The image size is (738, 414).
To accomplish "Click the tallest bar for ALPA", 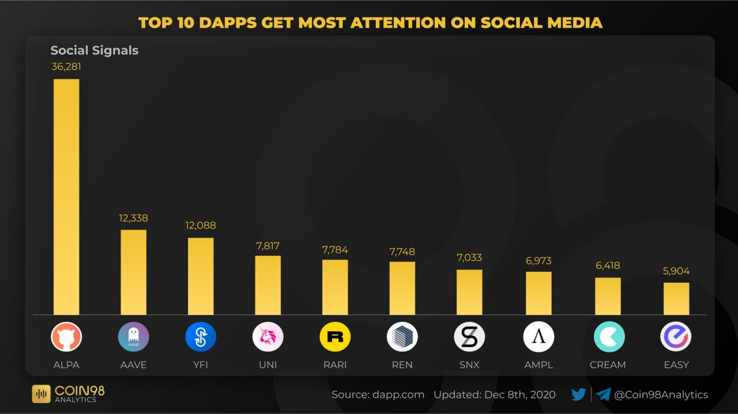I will [x=66, y=196].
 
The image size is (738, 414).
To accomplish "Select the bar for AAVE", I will [x=133, y=272].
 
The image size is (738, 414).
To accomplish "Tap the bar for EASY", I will [x=676, y=298].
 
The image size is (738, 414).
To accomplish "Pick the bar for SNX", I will [x=469, y=292].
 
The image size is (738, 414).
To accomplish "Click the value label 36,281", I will [x=66, y=67].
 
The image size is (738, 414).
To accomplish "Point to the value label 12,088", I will [x=201, y=226].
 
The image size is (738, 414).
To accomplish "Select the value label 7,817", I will [x=268, y=246].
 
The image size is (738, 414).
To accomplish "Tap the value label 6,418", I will [x=608, y=266].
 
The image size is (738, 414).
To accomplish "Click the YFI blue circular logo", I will [x=201, y=337].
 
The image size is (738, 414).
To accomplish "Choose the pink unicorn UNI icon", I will [x=268, y=337].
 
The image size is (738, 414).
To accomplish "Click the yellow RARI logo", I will [x=335, y=337].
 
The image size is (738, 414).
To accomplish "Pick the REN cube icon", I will [x=402, y=337].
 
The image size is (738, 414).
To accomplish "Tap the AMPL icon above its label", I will [x=539, y=337].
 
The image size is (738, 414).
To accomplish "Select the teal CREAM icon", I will [x=609, y=337].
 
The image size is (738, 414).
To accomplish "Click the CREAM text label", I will [x=608, y=364].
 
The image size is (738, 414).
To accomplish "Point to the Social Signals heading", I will [x=95, y=50].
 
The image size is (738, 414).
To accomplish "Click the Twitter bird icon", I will [x=578, y=394].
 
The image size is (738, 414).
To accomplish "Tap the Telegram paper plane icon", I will [x=603, y=394].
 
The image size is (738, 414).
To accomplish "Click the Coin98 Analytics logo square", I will [x=41, y=394].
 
